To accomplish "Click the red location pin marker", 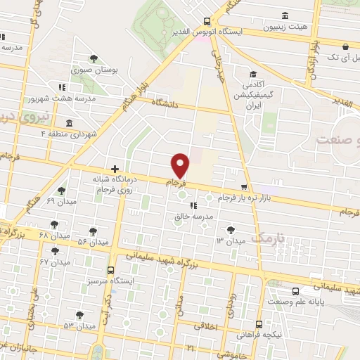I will point(181,165).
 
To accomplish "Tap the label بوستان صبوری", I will point(94,70).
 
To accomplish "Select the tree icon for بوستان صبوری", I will point(94,59).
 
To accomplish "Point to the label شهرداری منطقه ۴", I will point(67,134).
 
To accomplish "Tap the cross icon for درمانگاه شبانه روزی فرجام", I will point(115,169).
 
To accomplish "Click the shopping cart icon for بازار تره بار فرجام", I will point(244,187).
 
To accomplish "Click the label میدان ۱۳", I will point(230,241).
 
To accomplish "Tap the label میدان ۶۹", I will point(60,202).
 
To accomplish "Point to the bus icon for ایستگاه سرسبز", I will point(110,270).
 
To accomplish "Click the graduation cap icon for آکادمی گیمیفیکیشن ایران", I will point(252,74).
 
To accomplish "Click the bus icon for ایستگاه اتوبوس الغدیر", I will point(206,21).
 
